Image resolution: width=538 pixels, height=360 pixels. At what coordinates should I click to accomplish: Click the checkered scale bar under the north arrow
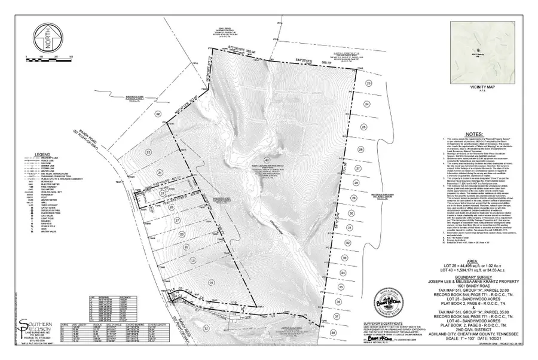pos(48,59)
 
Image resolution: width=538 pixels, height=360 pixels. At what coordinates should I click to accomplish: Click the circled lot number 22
pos(158,113)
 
